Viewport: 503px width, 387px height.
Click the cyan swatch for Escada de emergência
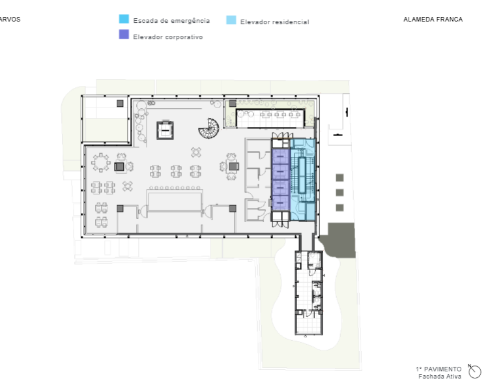click(x=124, y=19)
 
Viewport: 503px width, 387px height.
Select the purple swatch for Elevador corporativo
click(x=124, y=35)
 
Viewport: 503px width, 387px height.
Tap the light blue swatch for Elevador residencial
click(x=231, y=20)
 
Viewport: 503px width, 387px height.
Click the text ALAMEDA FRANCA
click(x=433, y=20)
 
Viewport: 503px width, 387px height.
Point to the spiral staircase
click(x=209, y=128)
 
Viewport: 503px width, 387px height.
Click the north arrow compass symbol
click(x=475, y=371)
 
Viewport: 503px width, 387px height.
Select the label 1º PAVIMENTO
click(x=438, y=369)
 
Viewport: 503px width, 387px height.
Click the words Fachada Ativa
click(x=440, y=377)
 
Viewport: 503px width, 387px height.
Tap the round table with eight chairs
click(x=101, y=162)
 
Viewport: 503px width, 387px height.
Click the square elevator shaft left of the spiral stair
click(x=165, y=130)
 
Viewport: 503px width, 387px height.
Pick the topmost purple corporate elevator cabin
click(x=281, y=157)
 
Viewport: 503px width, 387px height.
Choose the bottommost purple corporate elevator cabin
click(x=281, y=203)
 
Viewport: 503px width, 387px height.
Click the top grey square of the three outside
click(x=339, y=177)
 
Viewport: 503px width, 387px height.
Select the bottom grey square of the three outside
click(x=339, y=208)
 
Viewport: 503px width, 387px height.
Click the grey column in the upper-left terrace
click(x=120, y=104)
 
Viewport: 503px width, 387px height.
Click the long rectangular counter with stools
click(x=175, y=201)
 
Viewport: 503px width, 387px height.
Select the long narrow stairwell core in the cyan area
click(x=302, y=175)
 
